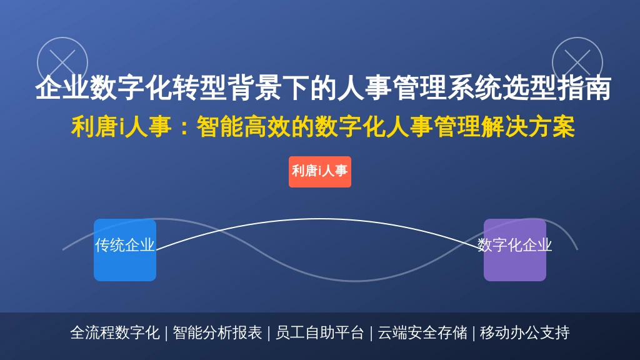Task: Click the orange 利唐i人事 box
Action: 319,172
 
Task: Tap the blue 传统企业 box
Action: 125,250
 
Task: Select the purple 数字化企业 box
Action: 515,250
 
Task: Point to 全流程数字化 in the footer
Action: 115,332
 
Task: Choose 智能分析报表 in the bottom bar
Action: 217,332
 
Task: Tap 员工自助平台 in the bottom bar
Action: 319,332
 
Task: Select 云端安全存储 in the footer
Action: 422,332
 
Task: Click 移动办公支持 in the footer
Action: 525,332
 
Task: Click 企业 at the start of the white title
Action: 62,87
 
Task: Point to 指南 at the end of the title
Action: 584,87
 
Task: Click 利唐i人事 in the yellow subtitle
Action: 121,126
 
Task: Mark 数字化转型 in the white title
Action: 158,87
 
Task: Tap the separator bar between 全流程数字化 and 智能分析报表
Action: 166,333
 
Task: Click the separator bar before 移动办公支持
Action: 474,333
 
